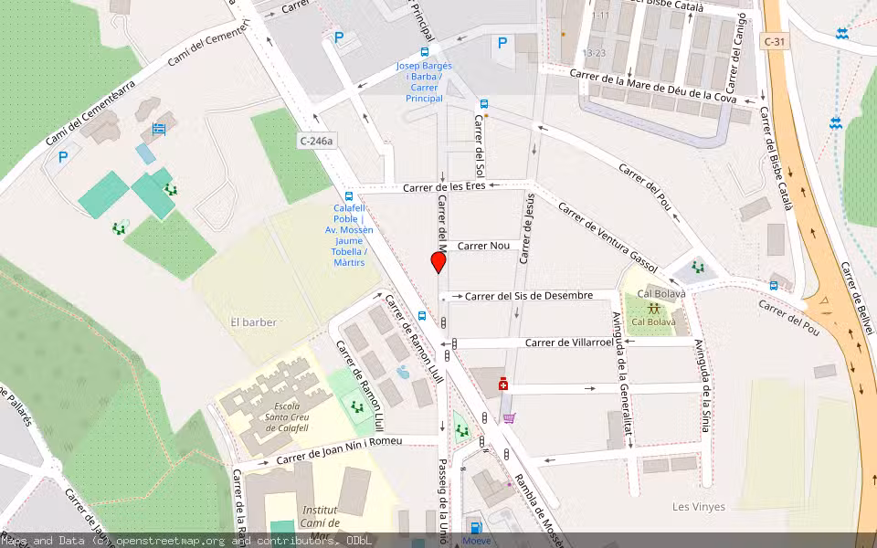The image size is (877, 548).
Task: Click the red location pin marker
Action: point(438,263)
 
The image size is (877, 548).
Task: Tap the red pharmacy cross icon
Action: point(502,385)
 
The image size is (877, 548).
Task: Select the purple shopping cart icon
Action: point(509,418)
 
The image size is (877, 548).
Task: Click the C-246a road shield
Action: point(316,141)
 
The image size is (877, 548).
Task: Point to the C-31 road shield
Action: point(773,41)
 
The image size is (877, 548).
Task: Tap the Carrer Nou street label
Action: point(483,246)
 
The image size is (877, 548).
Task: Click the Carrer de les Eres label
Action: point(444,186)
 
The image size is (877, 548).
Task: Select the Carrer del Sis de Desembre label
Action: point(529,296)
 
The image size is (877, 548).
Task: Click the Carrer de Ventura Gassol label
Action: point(608,230)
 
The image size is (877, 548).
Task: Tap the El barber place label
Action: point(254,322)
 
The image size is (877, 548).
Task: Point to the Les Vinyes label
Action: point(699,507)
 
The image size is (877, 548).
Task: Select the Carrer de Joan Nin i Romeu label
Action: point(339,450)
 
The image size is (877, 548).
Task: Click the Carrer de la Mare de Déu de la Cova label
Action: point(652,86)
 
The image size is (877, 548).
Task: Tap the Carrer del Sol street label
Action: point(479,145)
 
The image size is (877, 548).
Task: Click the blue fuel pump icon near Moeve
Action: point(475,528)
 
